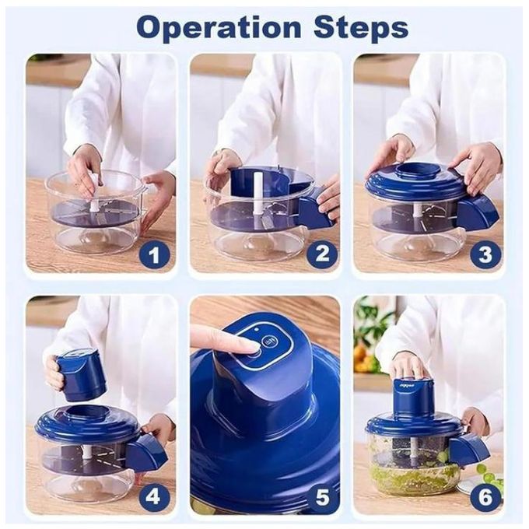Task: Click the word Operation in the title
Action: point(219,28)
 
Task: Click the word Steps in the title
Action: point(361,27)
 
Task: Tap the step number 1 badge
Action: point(153,254)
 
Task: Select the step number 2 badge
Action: point(321,254)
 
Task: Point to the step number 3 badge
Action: point(485,254)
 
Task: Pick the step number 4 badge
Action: point(152,496)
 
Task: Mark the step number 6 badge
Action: point(485,496)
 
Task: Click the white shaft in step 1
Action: point(94,194)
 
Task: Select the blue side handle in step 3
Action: point(479,212)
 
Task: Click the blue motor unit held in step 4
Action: point(80,377)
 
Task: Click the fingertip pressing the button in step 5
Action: point(249,348)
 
